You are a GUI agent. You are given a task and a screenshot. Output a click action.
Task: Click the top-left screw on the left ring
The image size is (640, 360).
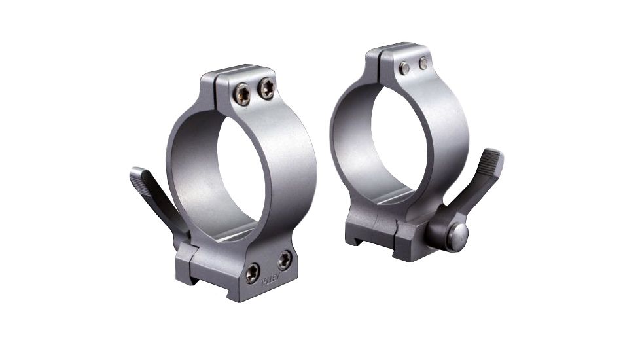pyautogui.click(x=242, y=96)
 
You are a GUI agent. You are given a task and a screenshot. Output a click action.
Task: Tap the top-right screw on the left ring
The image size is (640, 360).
pyautogui.click(x=266, y=88)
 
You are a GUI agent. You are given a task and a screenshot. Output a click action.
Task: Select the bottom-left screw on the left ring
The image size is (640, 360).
pyautogui.click(x=252, y=272)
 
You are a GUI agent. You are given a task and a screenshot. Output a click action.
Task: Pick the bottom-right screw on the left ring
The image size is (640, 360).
pyautogui.click(x=284, y=260)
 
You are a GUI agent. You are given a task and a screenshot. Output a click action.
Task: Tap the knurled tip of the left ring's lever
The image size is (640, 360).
pyautogui.click(x=139, y=176)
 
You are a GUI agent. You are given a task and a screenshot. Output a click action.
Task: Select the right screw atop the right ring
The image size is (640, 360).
pyautogui.click(x=423, y=63)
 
